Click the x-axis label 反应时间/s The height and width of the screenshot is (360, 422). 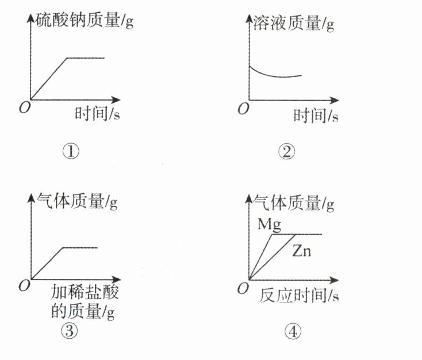[299, 294]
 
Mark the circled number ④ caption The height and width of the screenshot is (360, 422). [293, 331]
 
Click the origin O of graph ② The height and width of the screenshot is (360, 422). [244, 108]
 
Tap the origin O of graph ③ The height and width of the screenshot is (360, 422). [24, 285]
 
